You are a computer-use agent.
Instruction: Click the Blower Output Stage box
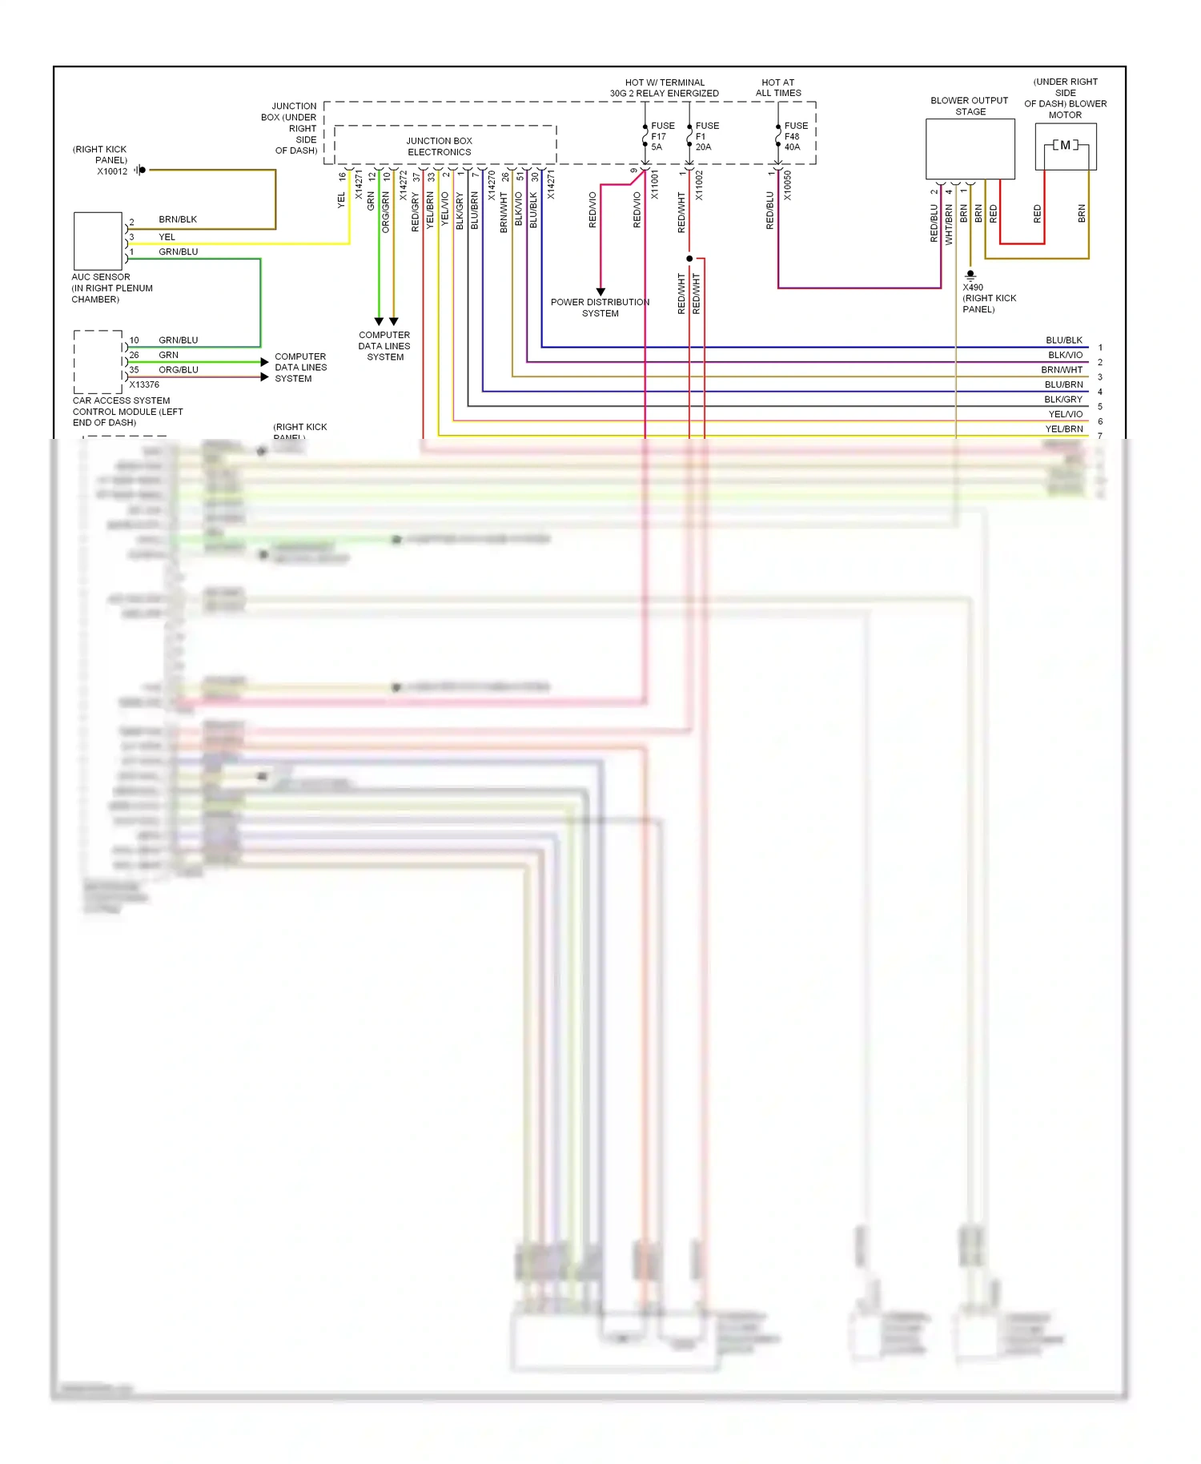(970, 149)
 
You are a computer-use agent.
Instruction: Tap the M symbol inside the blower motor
(1065, 145)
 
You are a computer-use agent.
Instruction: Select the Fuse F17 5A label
(662, 136)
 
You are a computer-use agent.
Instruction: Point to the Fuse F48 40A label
(795, 136)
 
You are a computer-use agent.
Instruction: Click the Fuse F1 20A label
(706, 136)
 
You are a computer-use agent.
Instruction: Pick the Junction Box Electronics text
(439, 147)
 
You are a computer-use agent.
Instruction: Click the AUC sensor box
(98, 241)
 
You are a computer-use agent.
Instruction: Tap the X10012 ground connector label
(112, 171)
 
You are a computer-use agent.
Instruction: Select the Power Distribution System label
(600, 308)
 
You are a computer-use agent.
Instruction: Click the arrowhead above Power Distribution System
(600, 292)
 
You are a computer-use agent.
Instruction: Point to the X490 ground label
(973, 288)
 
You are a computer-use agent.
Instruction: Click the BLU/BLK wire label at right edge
(1063, 340)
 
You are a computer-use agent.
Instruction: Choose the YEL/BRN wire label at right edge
(1063, 429)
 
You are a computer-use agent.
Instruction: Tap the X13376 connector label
(144, 384)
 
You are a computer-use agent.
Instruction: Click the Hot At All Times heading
(778, 87)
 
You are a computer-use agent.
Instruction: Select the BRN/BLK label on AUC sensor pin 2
(178, 219)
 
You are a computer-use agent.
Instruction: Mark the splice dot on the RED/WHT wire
(689, 259)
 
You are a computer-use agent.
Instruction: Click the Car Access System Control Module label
(127, 412)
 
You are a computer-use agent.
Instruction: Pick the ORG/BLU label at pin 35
(178, 370)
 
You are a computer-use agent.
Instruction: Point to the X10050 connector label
(787, 185)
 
